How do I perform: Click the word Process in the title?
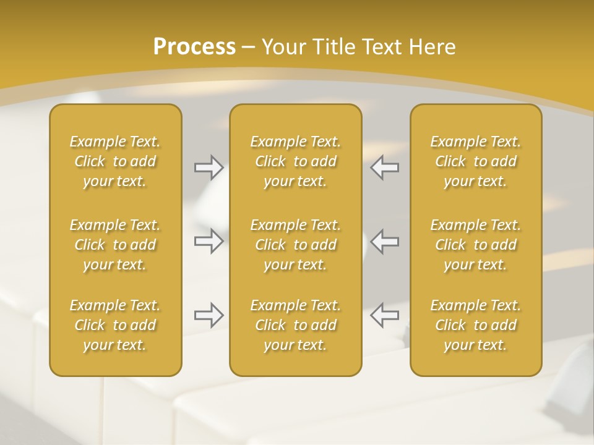pyautogui.click(x=194, y=47)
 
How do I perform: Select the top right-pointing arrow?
pyautogui.click(x=209, y=167)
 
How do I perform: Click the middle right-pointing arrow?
pyautogui.click(x=209, y=241)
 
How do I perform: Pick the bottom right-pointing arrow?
pyautogui.click(x=209, y=315)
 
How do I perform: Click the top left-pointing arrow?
pyautogui.click(x=385, y=167)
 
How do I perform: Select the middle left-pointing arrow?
pyautogui.click(x=385, y=241)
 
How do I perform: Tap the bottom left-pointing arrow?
pyautogui.click(x=385, y=315)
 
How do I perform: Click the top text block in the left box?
pyautogui.click(x=115, y=161)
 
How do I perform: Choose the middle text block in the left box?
pyautogui.click(x=115, y=245)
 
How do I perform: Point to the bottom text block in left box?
pyautogui.click(x=115, y=325)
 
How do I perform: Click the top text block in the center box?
pyautogui.click(x=296, y=161)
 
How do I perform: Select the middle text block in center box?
pyautogui.click(x=296, y=245)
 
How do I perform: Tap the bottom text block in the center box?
pyautogui.click(x=296, y=325)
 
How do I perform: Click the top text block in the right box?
pyautogui.click(x=476, y=161)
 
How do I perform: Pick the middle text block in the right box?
pyautogui.click(x=476, y=245)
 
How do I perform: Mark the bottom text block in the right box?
pyautogui.click(x=476, y=325)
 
